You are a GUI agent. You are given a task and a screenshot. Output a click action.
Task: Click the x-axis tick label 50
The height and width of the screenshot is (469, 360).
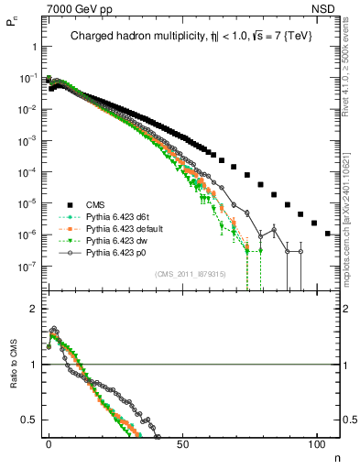tap(183, 443)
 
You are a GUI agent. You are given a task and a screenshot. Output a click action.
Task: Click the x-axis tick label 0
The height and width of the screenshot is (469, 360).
tap(49, 443)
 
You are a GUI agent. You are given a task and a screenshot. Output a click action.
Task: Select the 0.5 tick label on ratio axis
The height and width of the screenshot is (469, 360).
tap(29, 420)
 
